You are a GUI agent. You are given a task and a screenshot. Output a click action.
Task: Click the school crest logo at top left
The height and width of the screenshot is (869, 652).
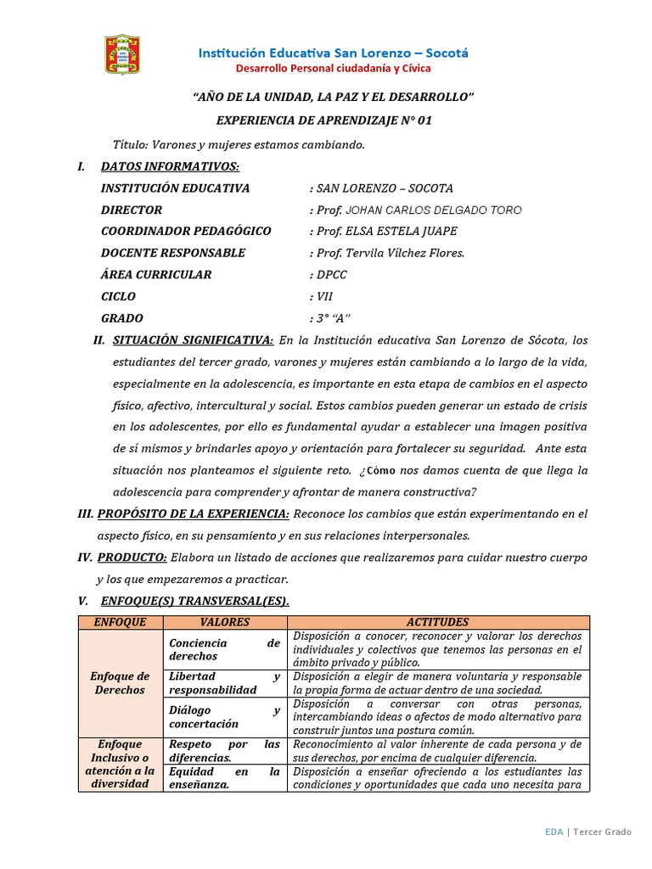(x=122, y=53)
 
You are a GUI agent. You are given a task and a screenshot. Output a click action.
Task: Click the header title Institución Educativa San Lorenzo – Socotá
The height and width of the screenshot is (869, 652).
(x=333, y=53)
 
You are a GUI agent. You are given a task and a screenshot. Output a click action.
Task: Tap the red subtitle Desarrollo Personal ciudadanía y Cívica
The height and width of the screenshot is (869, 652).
(x=333, y=68)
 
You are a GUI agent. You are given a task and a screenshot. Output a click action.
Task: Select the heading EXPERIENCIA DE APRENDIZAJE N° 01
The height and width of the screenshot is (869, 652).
(x=324, y=121)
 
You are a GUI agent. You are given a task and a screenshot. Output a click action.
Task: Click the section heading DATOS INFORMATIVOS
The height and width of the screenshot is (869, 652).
(x=170, y=166)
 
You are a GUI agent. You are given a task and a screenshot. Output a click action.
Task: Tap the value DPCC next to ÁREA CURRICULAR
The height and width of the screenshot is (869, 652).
(x=331, y=275)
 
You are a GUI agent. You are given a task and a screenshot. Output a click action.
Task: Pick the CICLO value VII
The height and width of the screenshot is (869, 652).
(x=324, y=297)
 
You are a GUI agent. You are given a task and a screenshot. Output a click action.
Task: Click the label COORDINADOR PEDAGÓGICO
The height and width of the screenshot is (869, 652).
(x=186, y=231)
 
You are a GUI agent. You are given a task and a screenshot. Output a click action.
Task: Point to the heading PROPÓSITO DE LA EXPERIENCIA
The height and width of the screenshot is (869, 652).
(x=194, y=513)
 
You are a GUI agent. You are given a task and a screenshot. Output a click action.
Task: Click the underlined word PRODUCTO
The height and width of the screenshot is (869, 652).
(x=132, y=557)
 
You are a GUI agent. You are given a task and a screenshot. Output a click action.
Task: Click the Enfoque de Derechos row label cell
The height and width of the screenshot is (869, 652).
(x=120, y=682)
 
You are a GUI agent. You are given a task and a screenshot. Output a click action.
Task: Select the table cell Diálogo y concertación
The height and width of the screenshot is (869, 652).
(x=224, y=716)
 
